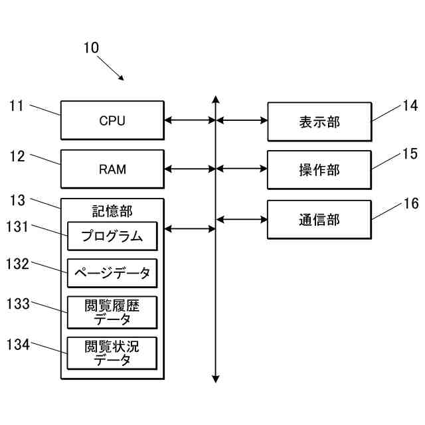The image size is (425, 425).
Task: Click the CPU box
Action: tap(112, 120)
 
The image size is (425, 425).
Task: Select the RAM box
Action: tap(112, 169)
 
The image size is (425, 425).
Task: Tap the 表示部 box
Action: tap(319, 122)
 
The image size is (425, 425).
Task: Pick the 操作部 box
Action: tap(319, 170)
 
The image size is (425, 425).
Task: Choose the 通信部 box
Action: tap(319, 220)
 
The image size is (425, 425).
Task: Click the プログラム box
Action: tap(112, 236)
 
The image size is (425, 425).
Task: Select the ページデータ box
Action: tap(112, 273)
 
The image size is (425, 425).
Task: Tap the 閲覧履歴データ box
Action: tap(112, 313)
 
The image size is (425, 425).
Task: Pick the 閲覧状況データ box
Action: tap(112, 353)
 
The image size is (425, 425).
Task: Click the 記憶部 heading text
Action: tap(112, 211)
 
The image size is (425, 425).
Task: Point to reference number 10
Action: tap(91, 48)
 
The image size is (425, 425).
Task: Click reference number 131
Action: tap(17, 226)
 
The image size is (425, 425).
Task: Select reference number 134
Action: tap(18, 345)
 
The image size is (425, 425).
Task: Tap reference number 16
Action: tap(411, 204)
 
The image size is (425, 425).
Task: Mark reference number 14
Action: tap(410, 106)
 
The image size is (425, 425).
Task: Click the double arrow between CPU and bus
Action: tap(190, 120)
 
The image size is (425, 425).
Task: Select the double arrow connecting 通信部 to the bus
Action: tap(242, 219)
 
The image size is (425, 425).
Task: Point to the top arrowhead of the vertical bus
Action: tap(215, 99)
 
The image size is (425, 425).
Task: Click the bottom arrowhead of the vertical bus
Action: tap(215, 379)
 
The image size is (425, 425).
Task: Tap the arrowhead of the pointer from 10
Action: tap(122, 78)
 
